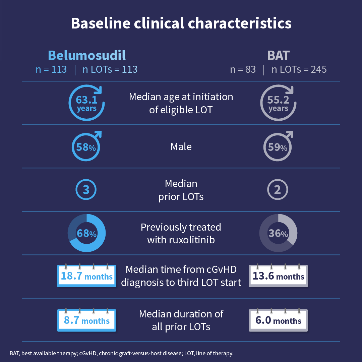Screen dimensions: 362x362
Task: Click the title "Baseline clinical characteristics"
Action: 181,23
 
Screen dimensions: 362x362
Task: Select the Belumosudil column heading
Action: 86,55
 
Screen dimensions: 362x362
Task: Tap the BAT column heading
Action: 278,55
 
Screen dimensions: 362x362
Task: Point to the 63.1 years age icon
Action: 86,103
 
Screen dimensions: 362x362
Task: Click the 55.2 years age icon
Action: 278,103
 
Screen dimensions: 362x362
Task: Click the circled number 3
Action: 86,190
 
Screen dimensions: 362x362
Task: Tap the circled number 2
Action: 278,190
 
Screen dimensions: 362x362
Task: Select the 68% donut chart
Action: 86,233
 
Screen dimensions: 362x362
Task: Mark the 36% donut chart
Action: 278,233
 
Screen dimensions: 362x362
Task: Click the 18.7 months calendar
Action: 86,276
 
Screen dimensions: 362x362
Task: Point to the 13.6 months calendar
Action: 278,276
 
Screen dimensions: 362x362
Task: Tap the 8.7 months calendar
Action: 86,320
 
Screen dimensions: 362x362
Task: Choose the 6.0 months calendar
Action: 278,320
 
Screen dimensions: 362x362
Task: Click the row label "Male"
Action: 181,147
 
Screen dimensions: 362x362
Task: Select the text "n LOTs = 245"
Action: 299,69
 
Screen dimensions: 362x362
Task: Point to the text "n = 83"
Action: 243,69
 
